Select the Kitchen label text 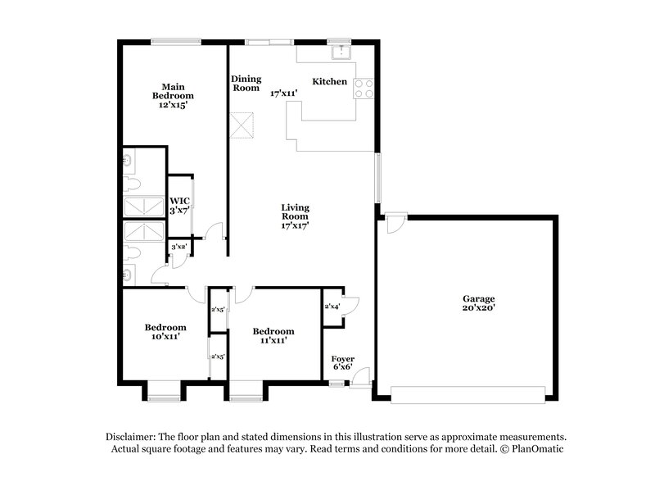tap(330, 82)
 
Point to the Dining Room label tap(246, 83)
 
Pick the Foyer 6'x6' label tap(343, 364)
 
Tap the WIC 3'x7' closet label tap(179, 206)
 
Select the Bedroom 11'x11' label tap(273, 336)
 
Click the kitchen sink tap(340, 52)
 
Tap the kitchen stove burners tap(364, 88)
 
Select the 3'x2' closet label tap(178, 246)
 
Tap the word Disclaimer tap(134, 437)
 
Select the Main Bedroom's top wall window tap(176, 40)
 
